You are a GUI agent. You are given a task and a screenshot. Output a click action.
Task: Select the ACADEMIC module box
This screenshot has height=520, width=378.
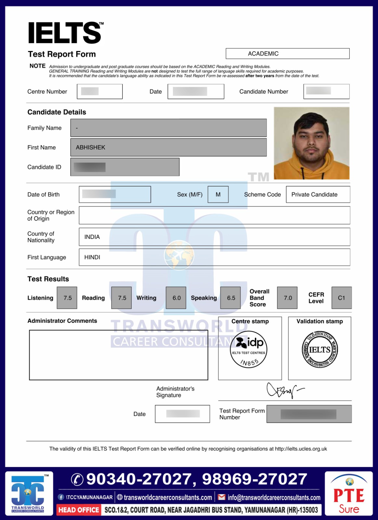click(x=287, y=54)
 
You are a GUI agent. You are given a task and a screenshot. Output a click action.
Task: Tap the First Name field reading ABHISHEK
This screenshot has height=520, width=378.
click(x=168, y=147)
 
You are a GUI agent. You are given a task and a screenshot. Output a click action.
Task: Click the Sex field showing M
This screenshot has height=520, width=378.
click(x=218, y=194)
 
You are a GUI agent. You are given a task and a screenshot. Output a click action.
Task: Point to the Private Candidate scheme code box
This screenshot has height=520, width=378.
click(x=318, y=194)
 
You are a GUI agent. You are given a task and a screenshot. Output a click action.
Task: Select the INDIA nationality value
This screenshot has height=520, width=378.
click(x=92, y=237)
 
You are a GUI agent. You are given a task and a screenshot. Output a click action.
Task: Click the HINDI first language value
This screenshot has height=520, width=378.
click(x=92, y=257)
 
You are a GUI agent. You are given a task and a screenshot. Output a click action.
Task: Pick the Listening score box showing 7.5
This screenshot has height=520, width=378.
click(x=67, y=298)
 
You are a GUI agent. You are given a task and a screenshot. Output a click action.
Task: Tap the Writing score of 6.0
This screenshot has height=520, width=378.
click(x=176, y=298)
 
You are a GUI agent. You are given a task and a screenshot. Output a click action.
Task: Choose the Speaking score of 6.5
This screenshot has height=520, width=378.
click(x=231, y=298)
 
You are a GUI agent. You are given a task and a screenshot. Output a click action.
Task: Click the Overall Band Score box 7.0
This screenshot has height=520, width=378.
click(x=287, y=298)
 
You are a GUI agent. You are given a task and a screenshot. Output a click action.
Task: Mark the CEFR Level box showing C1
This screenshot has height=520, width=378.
click(x=341, y=298)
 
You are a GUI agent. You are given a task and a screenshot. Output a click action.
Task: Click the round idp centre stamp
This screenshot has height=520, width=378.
click(x=249, y=349)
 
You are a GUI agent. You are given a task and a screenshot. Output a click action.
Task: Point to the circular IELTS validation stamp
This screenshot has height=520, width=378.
click(x=320, y=350)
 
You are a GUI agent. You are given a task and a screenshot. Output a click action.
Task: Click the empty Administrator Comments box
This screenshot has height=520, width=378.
click(x=118, y=355)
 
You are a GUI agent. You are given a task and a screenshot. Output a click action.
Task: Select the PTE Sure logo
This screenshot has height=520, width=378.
click(x=349, y=494)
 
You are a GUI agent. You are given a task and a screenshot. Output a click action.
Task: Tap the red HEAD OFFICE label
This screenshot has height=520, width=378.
click(x=79, y=510)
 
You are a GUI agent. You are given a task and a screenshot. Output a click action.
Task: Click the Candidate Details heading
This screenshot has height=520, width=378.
click(x=57, y=112)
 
